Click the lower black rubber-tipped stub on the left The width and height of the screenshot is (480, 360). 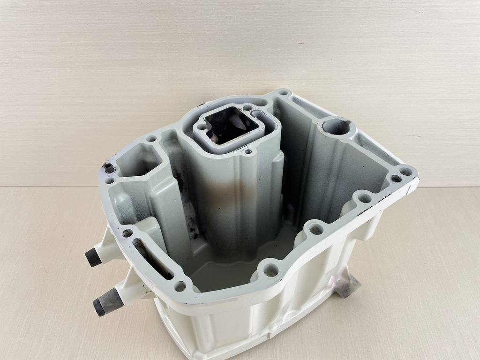click(100, 307)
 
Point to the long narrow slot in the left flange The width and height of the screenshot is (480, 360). click(150, 257)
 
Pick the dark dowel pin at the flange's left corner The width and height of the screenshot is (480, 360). click(109, 167)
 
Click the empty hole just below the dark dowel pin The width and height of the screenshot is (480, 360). click(110, 180)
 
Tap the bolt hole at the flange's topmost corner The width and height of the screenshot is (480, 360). click(283, 93)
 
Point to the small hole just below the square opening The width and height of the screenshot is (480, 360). click(248, 151)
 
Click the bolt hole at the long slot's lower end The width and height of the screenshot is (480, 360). click(180, 285)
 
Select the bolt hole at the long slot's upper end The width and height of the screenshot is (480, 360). click(127, 233)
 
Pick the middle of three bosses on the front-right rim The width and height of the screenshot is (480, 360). click(316, 229)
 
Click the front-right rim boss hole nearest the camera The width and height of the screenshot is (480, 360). click(270, 270)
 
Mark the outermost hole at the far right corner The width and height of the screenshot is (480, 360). click(406, 172)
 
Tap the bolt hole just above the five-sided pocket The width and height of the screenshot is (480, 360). click(151, 139)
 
